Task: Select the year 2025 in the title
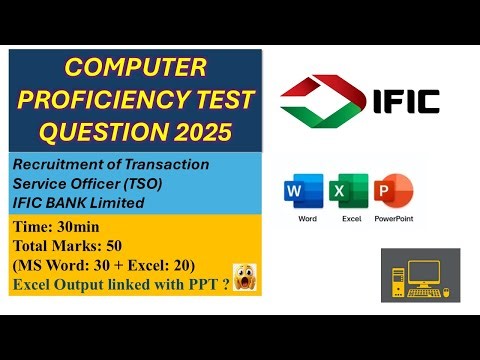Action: (x=205, y=131)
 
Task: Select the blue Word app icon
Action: (x=307, y=191)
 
